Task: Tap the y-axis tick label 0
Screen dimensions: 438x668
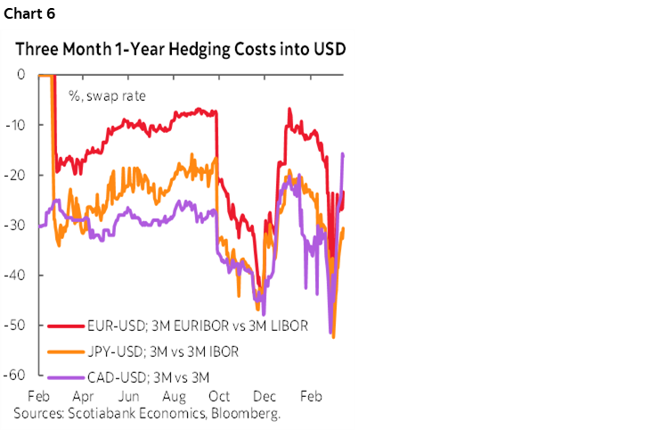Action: pos(20,74)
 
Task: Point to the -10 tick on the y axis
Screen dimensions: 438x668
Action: pos(16,124)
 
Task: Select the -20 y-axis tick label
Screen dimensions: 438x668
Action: pos(16,175)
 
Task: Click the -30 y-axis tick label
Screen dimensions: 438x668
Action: pos(16,225)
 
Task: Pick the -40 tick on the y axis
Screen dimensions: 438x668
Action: pos(16,276)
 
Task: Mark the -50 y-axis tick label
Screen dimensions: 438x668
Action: pos(16,326)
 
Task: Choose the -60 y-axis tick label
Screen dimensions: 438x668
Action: pos(16,376)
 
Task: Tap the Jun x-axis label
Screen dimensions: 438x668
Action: pos(128,396)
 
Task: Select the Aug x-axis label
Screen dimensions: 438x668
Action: pos(174,396)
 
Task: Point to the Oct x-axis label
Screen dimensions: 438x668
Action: pos(219,396)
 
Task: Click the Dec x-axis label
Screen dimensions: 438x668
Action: pos(265,396)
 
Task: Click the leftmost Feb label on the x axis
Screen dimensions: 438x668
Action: pos(38,396)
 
